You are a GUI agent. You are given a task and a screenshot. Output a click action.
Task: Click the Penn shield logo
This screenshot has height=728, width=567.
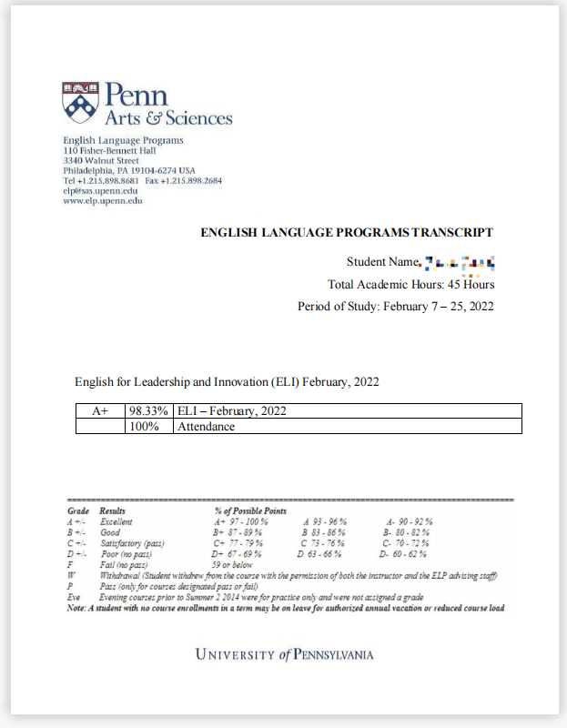(77, 102)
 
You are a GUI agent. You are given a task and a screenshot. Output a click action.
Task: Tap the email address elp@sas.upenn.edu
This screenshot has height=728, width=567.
(100, 190)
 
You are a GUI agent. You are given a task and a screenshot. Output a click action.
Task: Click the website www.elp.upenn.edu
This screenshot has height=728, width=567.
(103, 200)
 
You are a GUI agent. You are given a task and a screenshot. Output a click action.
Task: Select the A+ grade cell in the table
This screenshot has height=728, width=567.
(100, 411)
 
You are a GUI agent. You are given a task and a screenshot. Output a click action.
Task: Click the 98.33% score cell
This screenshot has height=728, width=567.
(148, 411)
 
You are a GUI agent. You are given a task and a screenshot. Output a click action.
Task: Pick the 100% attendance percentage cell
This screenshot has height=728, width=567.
(149, 426)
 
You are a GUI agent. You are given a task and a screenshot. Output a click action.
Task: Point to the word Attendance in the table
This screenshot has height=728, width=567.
(206, 426)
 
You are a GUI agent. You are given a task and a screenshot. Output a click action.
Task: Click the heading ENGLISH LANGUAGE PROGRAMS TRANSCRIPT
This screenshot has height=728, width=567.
(347, 233)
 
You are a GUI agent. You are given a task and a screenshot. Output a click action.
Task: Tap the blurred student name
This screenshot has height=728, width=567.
(460, 264)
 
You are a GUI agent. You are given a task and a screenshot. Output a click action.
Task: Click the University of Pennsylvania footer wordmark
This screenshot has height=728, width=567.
(284, 654)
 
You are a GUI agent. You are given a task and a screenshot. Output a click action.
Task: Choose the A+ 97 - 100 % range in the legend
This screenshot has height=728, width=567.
(240, 521)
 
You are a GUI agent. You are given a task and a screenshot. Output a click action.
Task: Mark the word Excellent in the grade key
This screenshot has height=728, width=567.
(116, 521)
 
